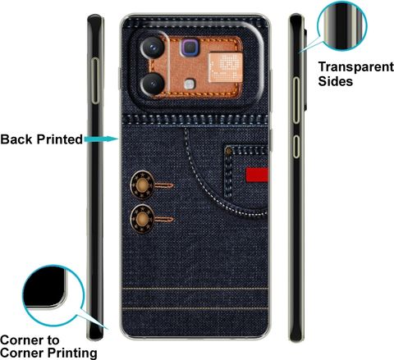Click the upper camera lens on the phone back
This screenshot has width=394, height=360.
tap(153, 48)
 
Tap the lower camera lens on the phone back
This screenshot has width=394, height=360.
tap(153, 84)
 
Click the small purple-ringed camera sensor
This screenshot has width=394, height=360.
tap(190, 48)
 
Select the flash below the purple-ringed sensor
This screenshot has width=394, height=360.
tap(190, 84)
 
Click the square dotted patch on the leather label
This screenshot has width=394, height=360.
tap(225, 67)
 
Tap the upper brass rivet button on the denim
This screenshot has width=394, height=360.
tap(142, 185)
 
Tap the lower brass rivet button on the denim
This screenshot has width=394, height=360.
tap(142, 219)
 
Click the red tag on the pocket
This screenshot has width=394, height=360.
tap(257, 175)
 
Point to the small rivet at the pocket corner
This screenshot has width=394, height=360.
tap(228, 151)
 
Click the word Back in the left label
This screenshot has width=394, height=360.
tap(16, 139)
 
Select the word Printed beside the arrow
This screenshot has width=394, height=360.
tap(60, 139)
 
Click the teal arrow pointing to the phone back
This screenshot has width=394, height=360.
tap(101, 139)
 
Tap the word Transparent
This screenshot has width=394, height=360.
tap(356, 67)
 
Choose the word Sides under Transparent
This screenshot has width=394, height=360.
tap(336, 81)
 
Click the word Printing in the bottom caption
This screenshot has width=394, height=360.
tap(71, 353)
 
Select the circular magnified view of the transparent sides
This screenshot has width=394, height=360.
tap(342, 25)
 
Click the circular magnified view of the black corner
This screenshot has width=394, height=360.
tap(53, 296)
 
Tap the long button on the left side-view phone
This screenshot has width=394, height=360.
tap(95, 81)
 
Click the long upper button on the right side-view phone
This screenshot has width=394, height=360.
tap(296, 101)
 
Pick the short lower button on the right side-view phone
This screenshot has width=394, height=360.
tap(296, 147)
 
